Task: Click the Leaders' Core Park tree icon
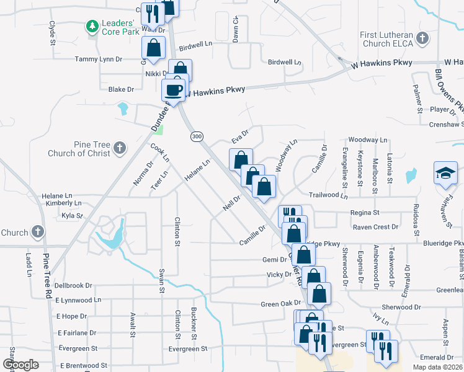[92, 26]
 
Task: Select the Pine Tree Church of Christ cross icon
[119, 148]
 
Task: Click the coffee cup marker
[174, 91]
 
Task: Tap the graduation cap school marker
[445, 173]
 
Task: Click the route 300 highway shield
[197, 136]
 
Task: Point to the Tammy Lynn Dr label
[99, 59]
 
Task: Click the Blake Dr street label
[121, 89]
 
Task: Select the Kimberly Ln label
[64, 203]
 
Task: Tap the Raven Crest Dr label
[375, 227]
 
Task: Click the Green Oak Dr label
[280, 304]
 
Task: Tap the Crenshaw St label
[446, 125]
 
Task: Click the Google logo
[20, 365]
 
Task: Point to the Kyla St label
[72, 216]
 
